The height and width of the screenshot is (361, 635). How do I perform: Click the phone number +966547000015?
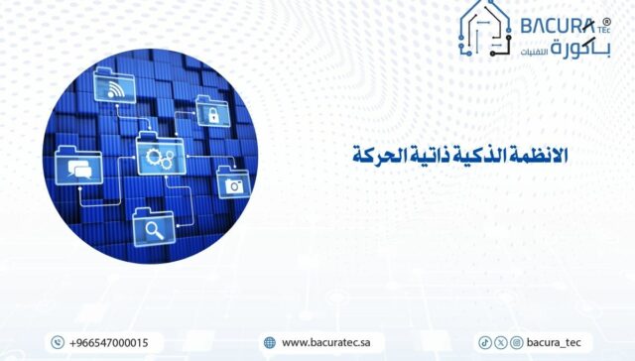click(x=109, y=342)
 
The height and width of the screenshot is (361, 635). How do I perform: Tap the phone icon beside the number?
click(x=58, y=342)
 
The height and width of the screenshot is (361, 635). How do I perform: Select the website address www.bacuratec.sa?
click(x=326, y=342)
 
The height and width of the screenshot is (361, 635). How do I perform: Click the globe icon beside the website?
click(x=269, y=342)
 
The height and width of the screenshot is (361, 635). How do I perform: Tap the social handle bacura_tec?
click(x=557, y=342)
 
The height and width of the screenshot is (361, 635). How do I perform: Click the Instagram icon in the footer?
click(x=516, y=342)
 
